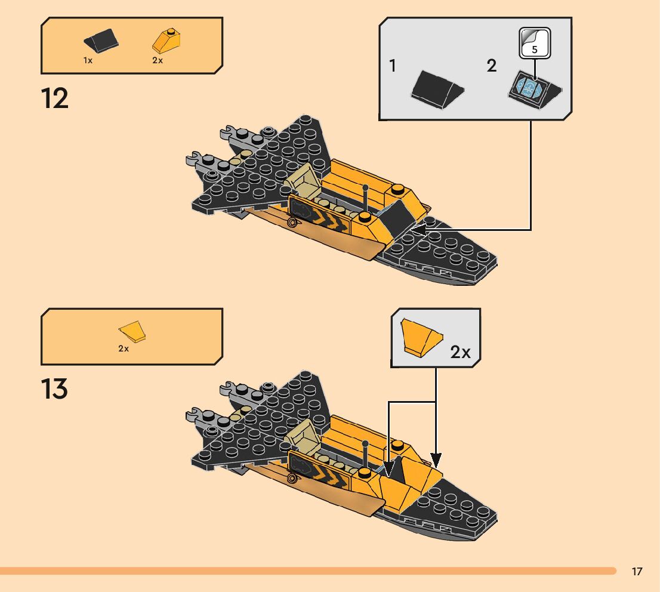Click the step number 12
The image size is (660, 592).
(55, 98)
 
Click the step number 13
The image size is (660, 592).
(55, 389)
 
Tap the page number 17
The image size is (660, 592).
(637, 572)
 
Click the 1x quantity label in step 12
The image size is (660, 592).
(88, 61)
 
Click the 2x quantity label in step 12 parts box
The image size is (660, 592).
(158, 61)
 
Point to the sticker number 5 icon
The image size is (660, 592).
(534, 44)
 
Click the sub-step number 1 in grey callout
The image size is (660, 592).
(393, 66)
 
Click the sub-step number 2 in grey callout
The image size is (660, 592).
(491, 66)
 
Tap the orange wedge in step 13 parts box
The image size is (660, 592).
(132, 332)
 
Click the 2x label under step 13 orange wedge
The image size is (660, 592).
(124, 349)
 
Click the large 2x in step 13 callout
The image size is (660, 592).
(460, 352)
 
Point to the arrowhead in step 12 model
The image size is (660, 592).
(418, 229)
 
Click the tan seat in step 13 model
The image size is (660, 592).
(302, 434)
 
